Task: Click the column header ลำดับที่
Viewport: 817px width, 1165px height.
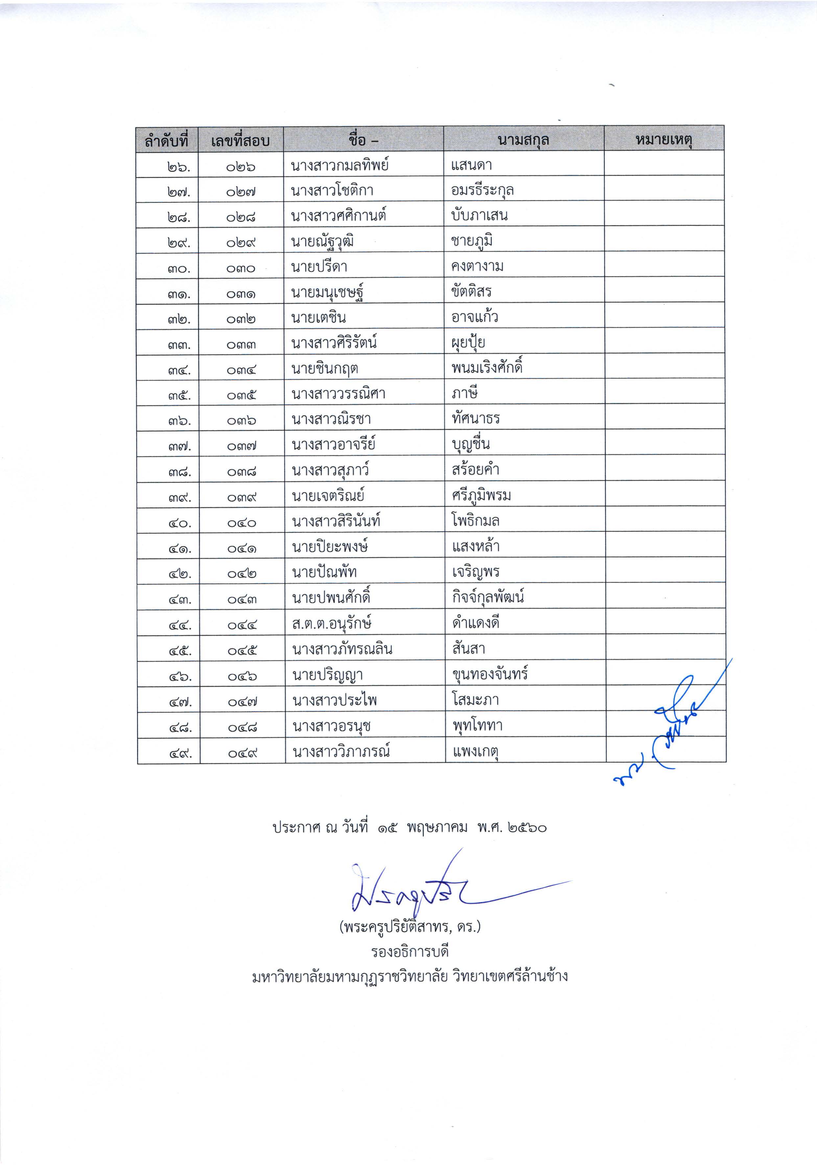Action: tap(166, 140)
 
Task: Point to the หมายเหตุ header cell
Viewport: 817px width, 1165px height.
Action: tap(664, 140)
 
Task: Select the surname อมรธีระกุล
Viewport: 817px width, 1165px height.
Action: tap(482, 190)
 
